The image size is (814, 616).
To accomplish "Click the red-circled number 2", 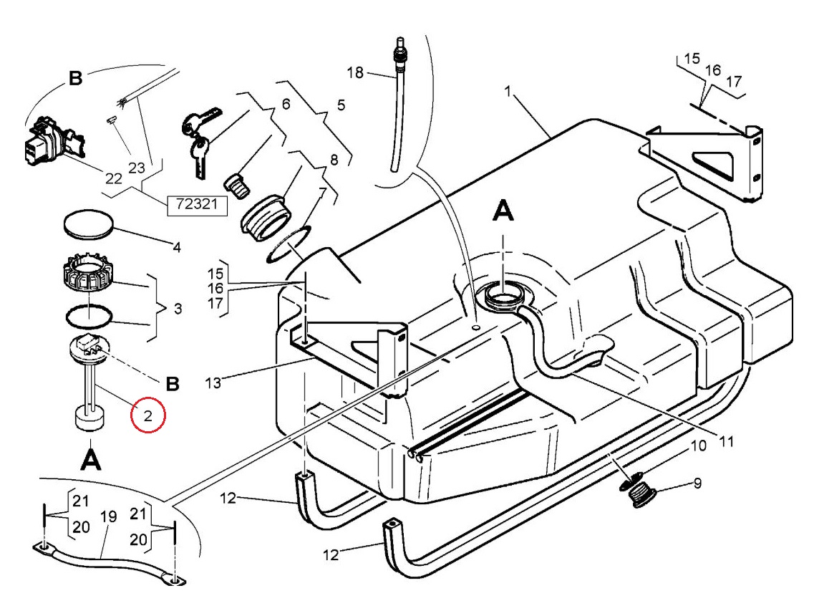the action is coord(148,415).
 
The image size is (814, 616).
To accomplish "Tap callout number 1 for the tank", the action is coord(508,92).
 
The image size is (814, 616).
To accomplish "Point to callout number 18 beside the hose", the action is coord(355,73).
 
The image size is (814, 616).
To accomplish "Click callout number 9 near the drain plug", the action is coord(697,483).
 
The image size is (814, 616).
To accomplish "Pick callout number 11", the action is coord(726,441).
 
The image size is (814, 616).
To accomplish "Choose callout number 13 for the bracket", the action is coord(213,382).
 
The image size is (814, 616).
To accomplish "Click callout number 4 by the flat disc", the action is coord(177,247).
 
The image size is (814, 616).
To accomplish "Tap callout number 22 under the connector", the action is coord(114,178).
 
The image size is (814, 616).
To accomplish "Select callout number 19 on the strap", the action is coord(108,517).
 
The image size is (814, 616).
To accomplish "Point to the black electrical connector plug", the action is coord(54,141).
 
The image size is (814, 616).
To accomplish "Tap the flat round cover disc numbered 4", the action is coord(88,224).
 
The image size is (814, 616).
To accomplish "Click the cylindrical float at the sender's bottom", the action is coord(91,419).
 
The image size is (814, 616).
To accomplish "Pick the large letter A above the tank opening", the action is coord(503,211).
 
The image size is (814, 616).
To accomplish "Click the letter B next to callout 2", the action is coord(173,384).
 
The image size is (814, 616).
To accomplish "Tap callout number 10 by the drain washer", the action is coord(699,446).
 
